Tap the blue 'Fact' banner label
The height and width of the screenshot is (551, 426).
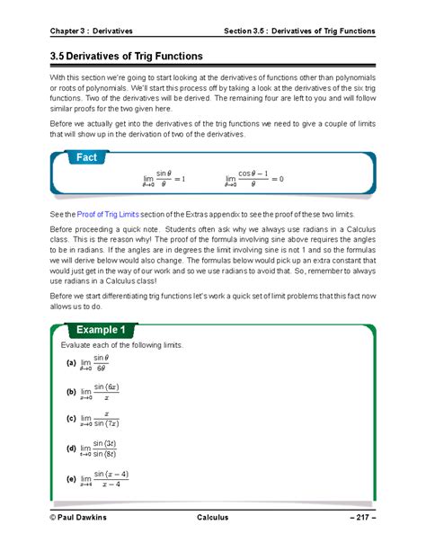point(87,157)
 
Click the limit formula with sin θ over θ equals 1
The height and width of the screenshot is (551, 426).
point(164,179)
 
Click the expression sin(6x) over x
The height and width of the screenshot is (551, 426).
point(106,392)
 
